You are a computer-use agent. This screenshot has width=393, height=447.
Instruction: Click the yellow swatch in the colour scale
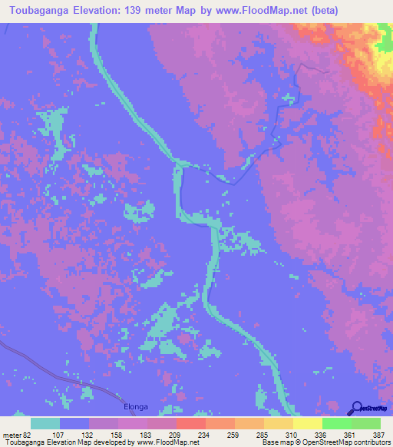(307, 423)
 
